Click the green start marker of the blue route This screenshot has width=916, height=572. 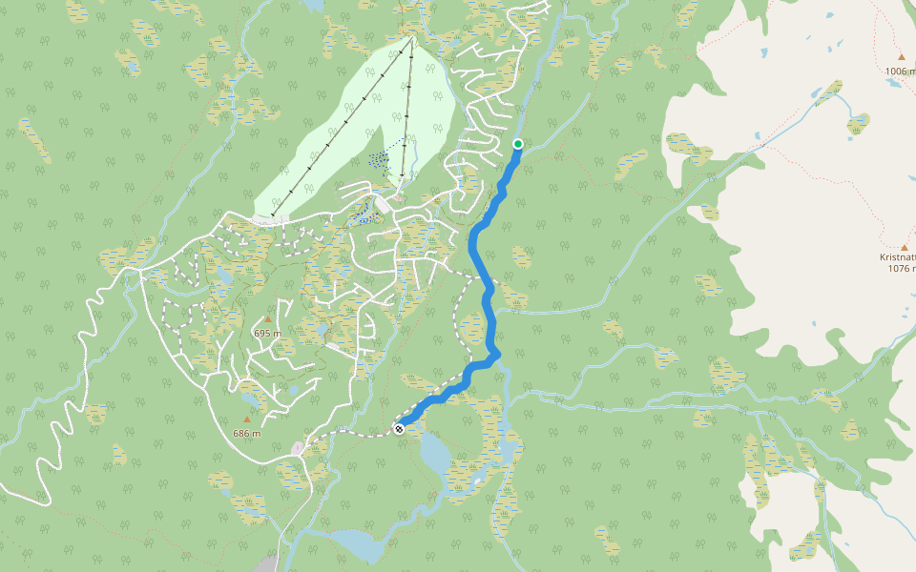[518, 144]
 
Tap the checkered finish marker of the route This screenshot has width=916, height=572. [399, 429]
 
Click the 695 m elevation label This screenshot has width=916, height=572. [268, 333]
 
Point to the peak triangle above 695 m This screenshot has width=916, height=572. [268, 319]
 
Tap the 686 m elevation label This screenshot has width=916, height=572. [246, 433]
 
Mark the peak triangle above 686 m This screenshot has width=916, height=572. [247, 419]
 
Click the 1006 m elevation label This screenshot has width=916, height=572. [900, 71]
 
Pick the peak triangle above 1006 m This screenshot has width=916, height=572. [901, 57]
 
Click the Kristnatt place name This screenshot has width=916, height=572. [898, 256]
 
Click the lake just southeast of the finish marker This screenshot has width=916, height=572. [435, 453]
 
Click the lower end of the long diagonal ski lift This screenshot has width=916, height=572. [274, 214]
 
